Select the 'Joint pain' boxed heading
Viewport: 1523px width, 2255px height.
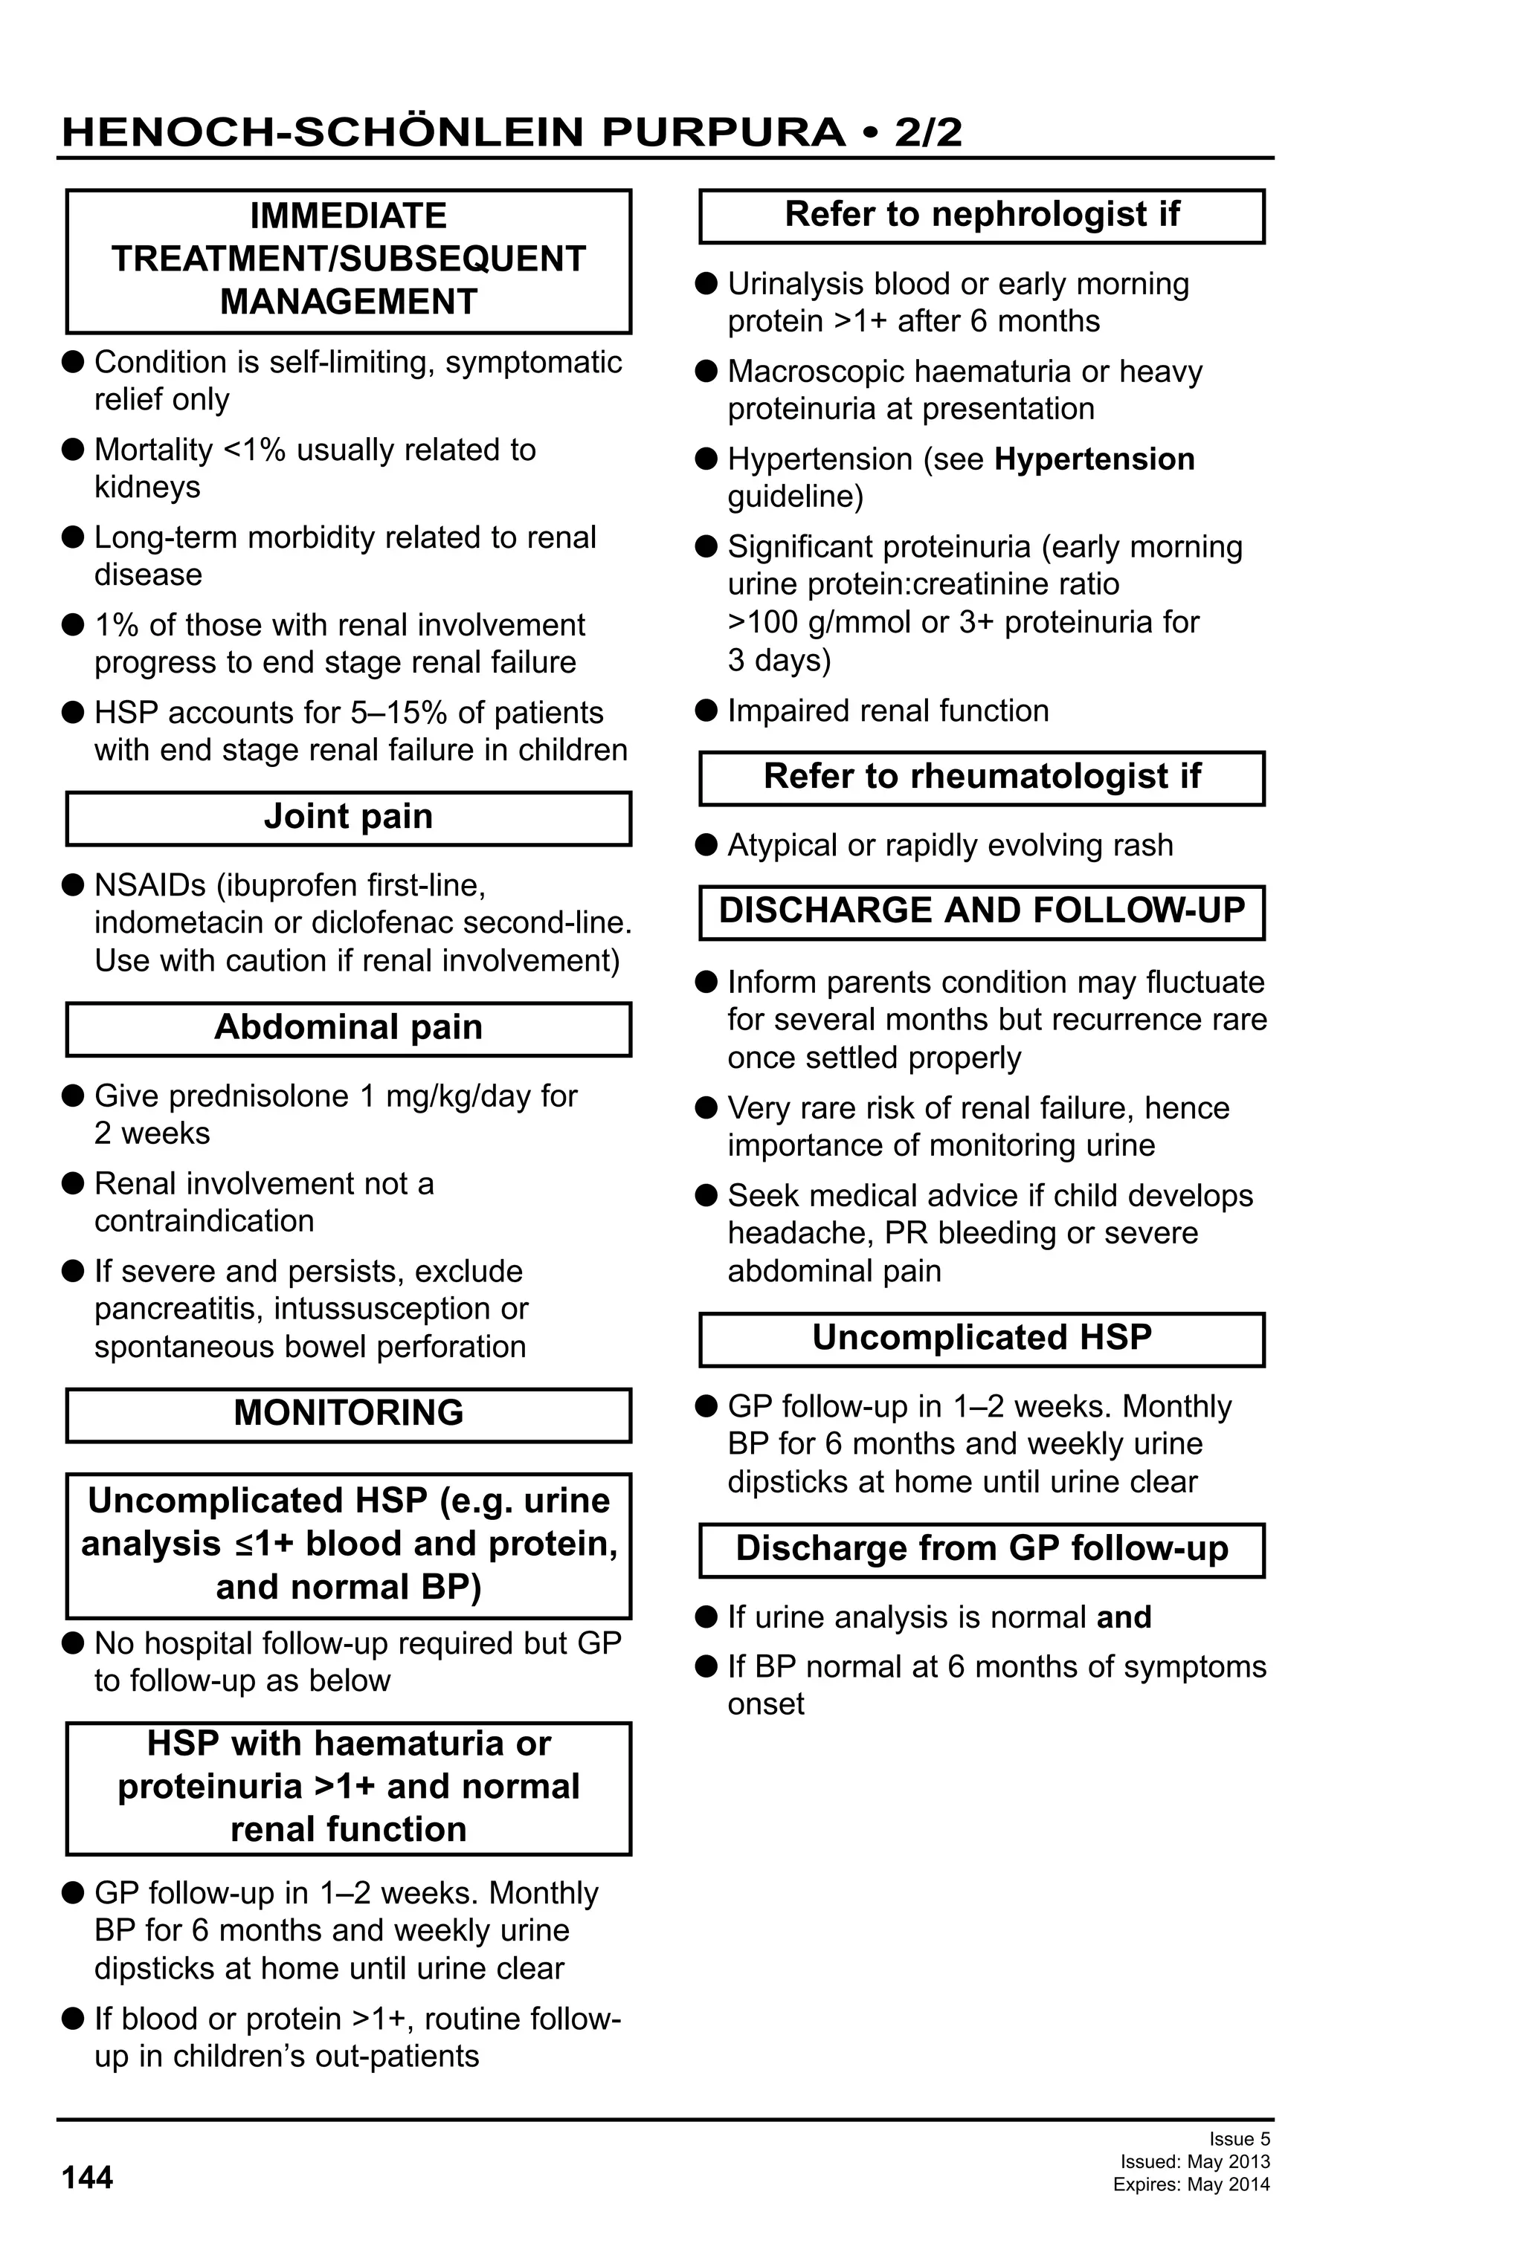pos(347,817)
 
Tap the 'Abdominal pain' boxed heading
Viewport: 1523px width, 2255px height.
pos(347,1028)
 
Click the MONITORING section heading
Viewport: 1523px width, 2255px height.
pos(347,1413)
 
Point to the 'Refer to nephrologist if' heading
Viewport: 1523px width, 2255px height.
pos(982,215)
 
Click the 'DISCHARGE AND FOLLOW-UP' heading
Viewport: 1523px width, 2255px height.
pos(982,910)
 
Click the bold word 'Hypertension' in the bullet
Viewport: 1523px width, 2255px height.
pos(1094,459)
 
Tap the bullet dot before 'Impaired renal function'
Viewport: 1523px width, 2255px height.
pos(706,711)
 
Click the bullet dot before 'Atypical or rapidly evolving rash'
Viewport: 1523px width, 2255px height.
pos(706,845)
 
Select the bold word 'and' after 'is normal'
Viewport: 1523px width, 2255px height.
pos(1123,1617)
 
